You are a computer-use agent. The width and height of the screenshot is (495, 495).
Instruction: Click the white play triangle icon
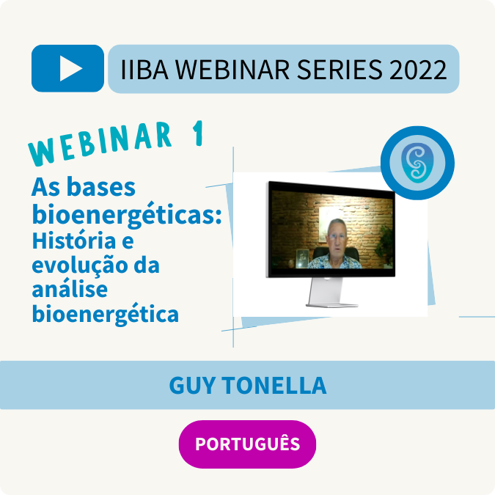[x=70, y=68]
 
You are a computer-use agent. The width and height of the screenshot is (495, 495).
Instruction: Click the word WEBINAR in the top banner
[x=232, y=70]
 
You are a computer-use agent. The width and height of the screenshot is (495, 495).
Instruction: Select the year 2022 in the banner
[x=418, y=70]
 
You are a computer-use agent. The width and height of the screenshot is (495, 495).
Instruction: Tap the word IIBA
[x=144, y=70]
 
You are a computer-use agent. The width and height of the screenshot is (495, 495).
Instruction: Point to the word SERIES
[x=340, y=70]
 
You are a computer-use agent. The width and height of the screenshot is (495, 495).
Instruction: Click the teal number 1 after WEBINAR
[x=198, y=133]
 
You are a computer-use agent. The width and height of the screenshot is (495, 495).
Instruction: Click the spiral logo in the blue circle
[x=417, y=163]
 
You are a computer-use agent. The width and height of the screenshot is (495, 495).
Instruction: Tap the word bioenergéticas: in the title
[x=127, y=215]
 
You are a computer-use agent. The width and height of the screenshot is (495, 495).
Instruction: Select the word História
[x=74, y=241]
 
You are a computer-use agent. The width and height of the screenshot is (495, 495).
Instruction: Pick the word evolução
[x=80, y=265]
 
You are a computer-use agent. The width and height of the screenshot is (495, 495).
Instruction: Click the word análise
[x=70, y=289]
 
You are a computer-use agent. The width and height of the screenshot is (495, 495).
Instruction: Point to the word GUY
[x=192, y=386]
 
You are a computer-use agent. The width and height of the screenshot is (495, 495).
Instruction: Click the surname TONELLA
[x=274, y=386]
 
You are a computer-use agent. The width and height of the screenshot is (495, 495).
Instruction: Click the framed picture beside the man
[x=302, y=259]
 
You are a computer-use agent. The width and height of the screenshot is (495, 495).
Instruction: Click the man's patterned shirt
[x=334, y=262]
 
